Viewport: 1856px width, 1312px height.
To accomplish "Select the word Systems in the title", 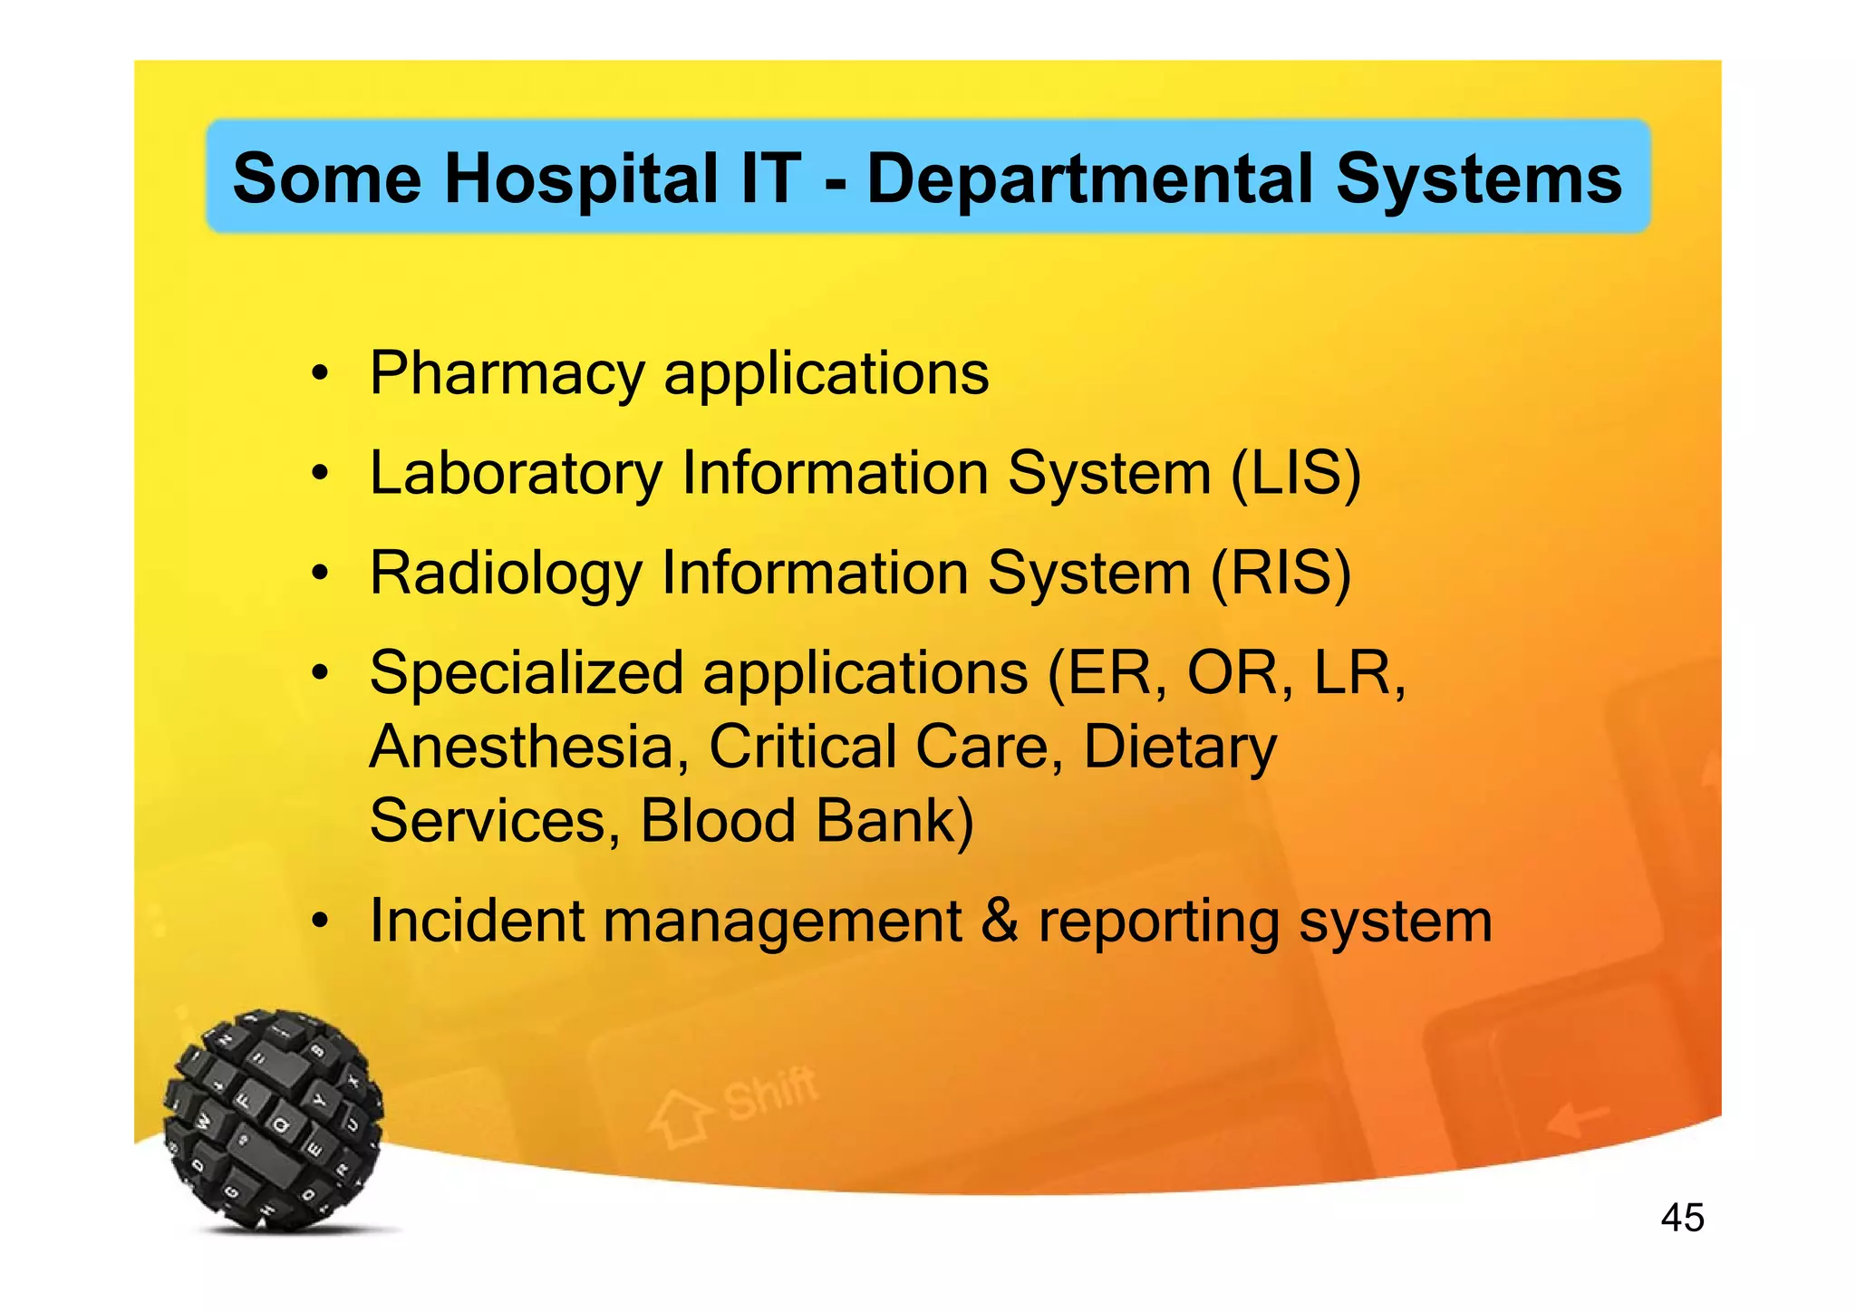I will point(1478,178).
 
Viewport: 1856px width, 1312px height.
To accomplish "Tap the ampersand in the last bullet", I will point(1000,921).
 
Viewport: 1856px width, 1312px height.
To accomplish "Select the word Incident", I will point(476,921).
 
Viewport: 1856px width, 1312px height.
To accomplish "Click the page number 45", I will point(1682,1217).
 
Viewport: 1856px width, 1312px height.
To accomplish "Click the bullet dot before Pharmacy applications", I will point(318,374).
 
